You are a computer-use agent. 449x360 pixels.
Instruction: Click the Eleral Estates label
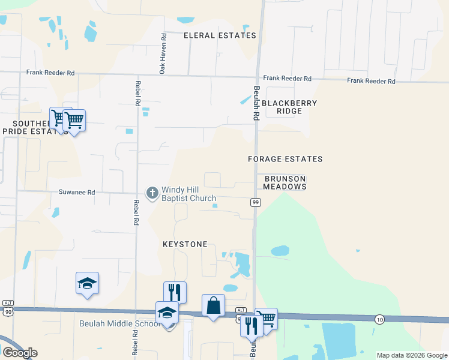tap(220, 35)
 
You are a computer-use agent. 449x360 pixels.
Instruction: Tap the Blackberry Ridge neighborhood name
tap(289, 107)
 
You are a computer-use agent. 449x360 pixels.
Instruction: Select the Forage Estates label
tap(286, 159)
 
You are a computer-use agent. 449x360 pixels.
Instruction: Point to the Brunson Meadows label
tap(286, 182)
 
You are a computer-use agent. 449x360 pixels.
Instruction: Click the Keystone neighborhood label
tap(185, 244)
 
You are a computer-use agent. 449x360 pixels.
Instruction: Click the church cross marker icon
tap(152, 193)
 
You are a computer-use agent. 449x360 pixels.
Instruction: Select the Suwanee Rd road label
tap(76, 193)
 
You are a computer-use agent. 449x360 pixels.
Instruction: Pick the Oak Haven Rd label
tap(163, 53)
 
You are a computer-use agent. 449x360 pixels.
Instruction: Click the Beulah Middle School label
tap(119, 324)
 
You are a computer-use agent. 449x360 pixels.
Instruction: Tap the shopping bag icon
tap(213, 305)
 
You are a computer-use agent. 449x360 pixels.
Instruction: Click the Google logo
tap(20, 353)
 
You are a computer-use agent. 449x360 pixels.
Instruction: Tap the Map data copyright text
tap(411, 355)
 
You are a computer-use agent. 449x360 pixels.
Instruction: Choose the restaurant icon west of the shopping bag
tap(175, 292)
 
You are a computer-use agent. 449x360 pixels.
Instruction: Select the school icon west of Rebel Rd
tap(87, 283)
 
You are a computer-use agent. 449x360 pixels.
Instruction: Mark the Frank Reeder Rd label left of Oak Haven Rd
tap(50, 73)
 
